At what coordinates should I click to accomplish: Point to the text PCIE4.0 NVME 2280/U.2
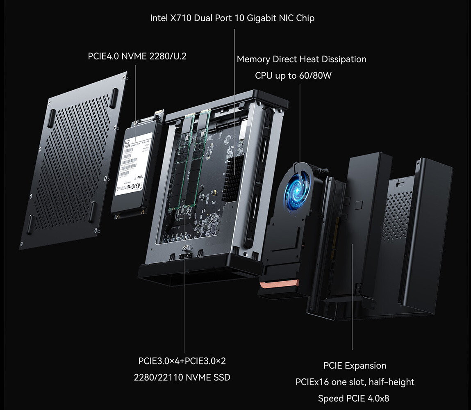pos(137,56)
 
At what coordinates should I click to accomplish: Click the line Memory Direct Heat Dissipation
pos(301,59)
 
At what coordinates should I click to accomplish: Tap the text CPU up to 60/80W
pos(293,76)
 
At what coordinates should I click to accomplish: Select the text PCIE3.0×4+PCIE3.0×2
pos(182,361)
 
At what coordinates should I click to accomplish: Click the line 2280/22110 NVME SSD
pos(182,377)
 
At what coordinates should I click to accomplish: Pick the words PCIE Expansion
pos(355,365)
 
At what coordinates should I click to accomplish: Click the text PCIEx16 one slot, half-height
pos(355,382)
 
